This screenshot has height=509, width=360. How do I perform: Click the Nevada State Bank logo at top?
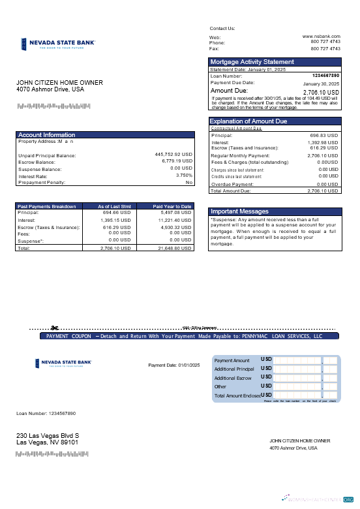coord(56,44)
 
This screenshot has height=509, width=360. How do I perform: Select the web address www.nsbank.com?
coord(322,37)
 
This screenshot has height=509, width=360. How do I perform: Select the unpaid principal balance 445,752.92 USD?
coord(173,155)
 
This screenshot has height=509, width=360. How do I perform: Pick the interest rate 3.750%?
coord(184,175)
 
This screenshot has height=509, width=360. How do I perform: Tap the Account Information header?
coord(46,134)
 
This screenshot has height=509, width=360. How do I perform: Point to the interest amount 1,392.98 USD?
coord(320,142)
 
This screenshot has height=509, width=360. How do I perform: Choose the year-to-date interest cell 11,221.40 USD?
coord(175,220)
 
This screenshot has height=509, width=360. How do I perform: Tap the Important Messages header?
coord(239,211)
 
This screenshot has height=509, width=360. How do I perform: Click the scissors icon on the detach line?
coord(55,327)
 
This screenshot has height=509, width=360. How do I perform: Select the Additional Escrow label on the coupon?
coord(233,378)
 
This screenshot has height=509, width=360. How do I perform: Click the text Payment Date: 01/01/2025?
coord(173,365)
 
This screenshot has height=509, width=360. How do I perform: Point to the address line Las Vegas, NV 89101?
coord(47,442)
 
